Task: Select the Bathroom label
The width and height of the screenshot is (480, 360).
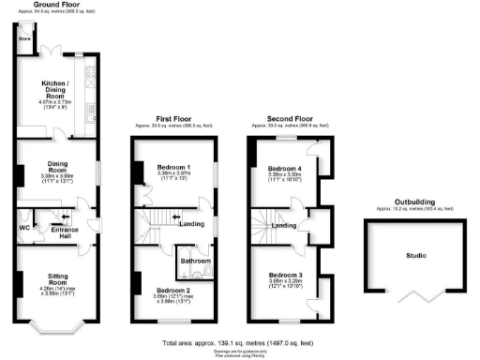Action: [194, 260]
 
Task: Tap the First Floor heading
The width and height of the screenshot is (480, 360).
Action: [172, 120]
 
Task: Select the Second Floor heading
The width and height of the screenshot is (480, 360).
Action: [286, 120]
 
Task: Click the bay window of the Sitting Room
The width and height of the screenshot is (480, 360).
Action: [55, 327]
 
